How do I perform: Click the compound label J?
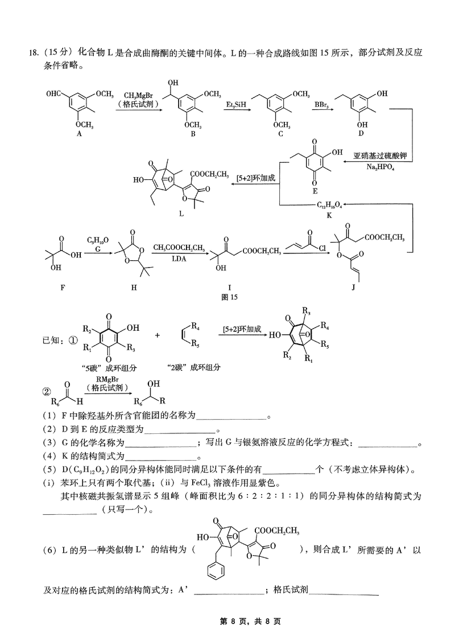[353, 288]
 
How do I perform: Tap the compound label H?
[134, 288]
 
